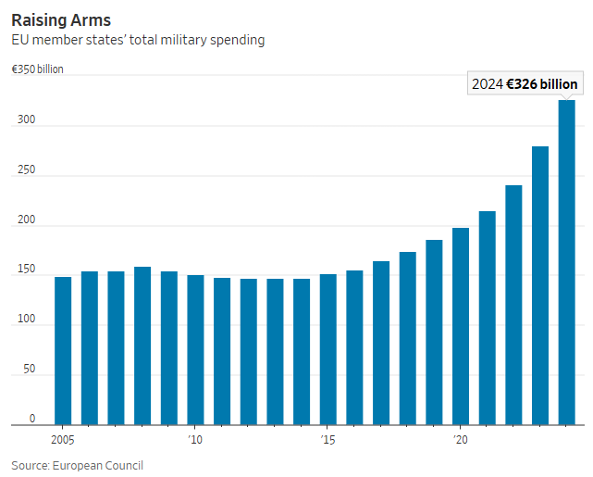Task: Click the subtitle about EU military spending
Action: click(x=138, y=40)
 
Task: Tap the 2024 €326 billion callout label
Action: click(x=525, y=84)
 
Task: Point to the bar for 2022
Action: click(x=513, y=305)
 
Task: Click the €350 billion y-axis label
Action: click(x=37, y=69)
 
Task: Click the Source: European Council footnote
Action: click(x=78, y=465)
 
